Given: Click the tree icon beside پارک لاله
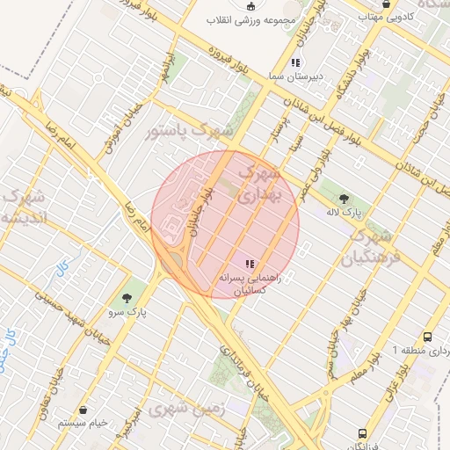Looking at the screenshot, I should (344, 199).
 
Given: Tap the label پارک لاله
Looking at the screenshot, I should (345, 212).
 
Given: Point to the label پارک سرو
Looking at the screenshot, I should (128, 312).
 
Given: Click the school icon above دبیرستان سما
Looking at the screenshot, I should (296, 62).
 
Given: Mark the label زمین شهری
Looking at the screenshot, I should (185, 409).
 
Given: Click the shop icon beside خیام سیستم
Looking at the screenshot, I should (83, 410).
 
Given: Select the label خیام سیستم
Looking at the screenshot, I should (83, 424).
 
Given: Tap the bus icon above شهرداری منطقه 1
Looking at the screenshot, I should (427, 337).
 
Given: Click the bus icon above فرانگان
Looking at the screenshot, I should (362, 434).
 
